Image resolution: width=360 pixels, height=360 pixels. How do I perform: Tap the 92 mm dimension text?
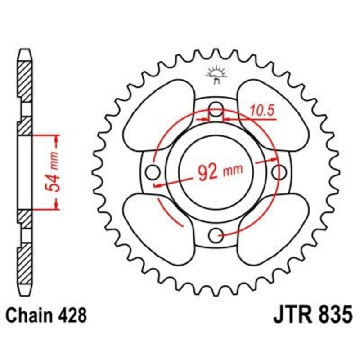pyautogui.click(x=220, y=171)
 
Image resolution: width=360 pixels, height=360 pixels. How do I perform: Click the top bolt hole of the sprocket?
pyautogui.click(x=217, y=109)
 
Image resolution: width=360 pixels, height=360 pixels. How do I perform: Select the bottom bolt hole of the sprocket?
pyautogui.click(x=217, y=234)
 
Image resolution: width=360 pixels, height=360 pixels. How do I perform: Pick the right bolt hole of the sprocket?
pyautogui.click(x=279, y=171)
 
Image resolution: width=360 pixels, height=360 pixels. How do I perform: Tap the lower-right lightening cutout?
pyautogui.click(x=272, y=229)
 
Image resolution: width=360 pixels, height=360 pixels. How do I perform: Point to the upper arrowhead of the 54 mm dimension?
pyautogui.click(x=57, y=139)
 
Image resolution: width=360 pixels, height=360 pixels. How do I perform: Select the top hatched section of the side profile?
pyautogui.click(x=25, y=79)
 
